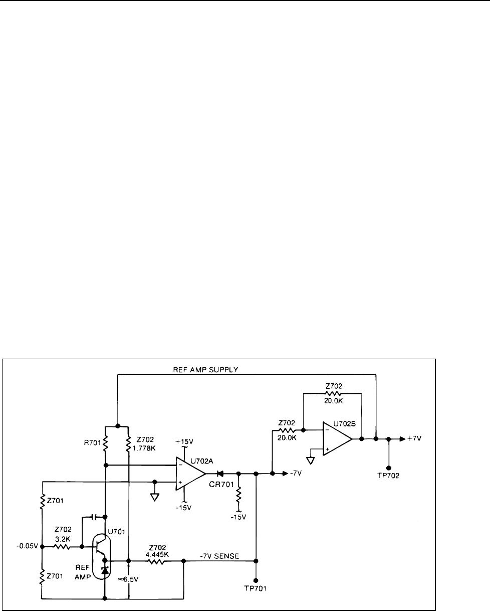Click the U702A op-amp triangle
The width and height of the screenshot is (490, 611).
coord(189,473)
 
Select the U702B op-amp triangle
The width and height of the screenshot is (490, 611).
coord(337,439)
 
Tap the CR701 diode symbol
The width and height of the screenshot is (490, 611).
coord(219,473)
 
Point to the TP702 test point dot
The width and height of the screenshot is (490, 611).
coord(389,468)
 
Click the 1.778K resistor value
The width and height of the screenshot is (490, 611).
coord(147,442)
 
